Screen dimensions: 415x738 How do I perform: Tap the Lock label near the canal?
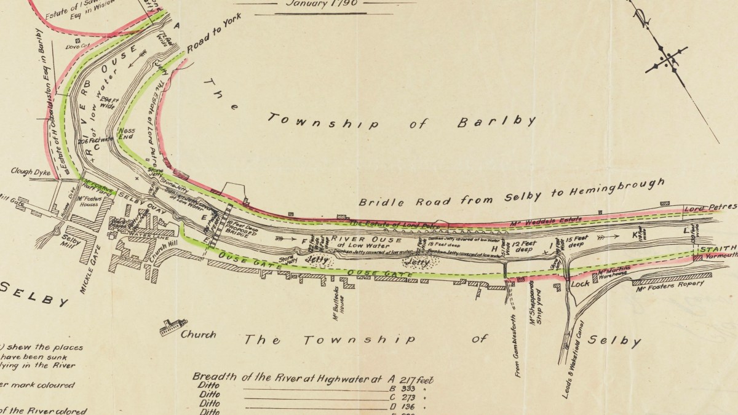(x=580, y=285)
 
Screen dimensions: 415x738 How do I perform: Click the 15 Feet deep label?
(x=578, y=242)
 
